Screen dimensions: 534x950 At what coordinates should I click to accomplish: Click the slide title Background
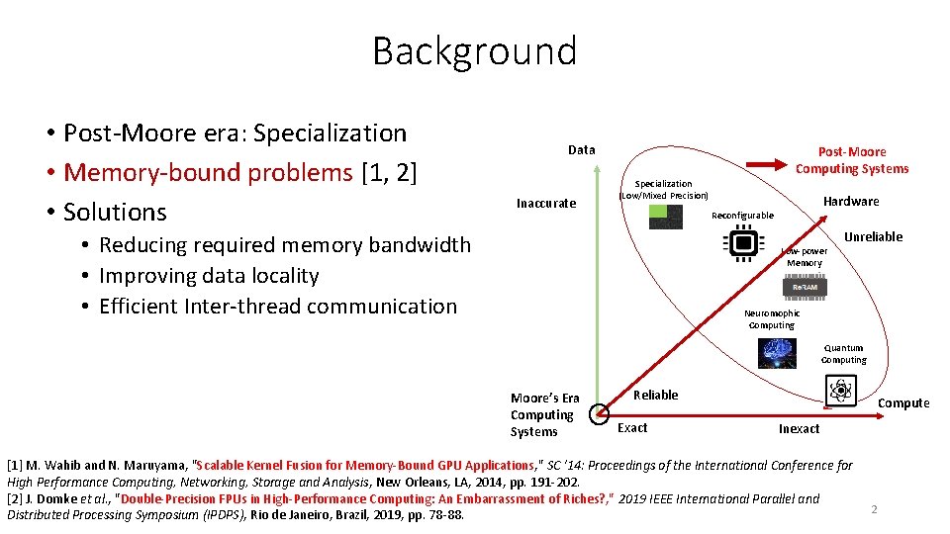474,50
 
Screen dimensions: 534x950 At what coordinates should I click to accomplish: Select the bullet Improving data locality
209,276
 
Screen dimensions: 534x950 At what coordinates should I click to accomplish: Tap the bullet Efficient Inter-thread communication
278,307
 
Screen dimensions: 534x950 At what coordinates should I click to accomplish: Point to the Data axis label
582,150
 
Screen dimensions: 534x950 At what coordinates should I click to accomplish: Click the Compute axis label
903,403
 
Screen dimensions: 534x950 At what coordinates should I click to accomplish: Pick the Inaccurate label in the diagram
546,204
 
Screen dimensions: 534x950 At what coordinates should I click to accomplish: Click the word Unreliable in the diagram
873,237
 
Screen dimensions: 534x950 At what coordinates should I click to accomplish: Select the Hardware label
851,202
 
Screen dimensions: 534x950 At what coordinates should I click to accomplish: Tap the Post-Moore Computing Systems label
851,160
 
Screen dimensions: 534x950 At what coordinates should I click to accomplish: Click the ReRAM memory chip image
805,287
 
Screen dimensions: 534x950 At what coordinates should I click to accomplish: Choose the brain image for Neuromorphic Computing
777,353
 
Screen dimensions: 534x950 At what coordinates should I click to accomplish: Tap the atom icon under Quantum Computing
842,390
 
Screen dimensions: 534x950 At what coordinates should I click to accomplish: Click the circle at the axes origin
598,413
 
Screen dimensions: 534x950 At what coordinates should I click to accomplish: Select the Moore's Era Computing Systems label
545,415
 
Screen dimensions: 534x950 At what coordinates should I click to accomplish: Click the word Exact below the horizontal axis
632,428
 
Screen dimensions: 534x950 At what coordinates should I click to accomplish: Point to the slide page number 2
874,509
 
